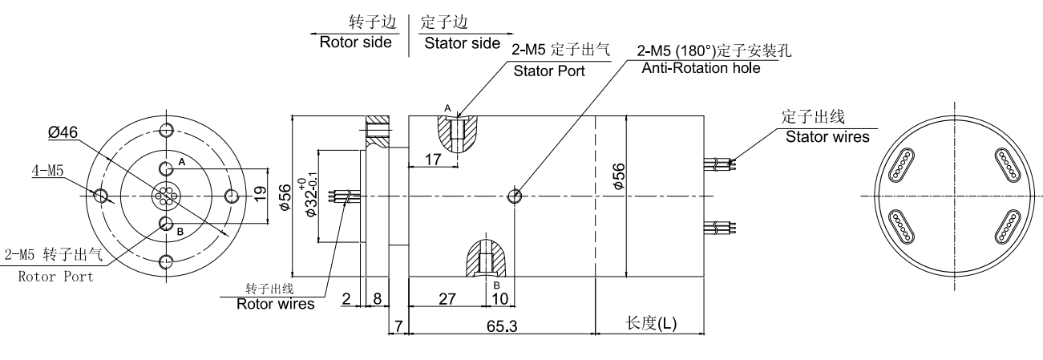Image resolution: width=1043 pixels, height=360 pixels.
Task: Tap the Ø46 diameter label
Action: tap(63, 134)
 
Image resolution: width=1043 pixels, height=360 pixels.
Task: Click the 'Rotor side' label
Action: tap(355, 42)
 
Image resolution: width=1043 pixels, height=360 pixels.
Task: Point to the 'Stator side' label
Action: tap(462, 42)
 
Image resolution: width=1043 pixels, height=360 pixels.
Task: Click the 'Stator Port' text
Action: tap(549, 71)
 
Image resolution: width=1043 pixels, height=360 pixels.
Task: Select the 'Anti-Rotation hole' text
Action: tap(701, 68)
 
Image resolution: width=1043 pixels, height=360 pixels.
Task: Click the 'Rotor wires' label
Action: tap(275, 304)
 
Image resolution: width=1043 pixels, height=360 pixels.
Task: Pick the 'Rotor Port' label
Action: tap(55, 277)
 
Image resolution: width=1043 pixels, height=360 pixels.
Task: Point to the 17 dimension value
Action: tap(433, 160)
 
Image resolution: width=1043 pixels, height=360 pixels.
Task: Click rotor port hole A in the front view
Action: tap(166, 169)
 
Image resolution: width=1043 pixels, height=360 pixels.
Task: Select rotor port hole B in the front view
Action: tap(166, 223)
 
